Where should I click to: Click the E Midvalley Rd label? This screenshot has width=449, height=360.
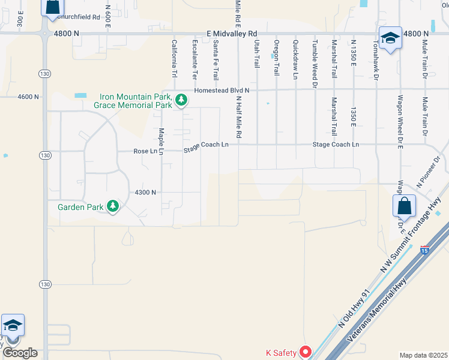tap(231, 34)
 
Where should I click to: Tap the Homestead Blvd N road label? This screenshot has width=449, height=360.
tap(221, 91)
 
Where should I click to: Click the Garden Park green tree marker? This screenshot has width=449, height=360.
tap(112, 207)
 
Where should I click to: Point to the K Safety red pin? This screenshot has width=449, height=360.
tap(306, 352)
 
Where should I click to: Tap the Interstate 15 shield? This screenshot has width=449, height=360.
tap(425, 249)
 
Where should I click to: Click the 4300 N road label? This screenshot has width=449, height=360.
tap(145, 192)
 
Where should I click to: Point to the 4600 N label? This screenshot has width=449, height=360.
tap(28, 96)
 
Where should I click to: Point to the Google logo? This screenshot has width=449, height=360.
tap(20, 353)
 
